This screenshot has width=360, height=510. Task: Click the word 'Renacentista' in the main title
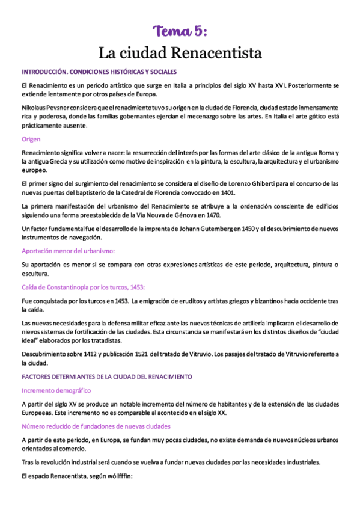(217, 53)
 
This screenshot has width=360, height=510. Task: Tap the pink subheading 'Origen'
(31, 139)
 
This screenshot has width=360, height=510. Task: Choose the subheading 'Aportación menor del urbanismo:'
(68, 251)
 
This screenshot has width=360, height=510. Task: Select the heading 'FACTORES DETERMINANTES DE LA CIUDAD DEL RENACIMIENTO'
(106, 376)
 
